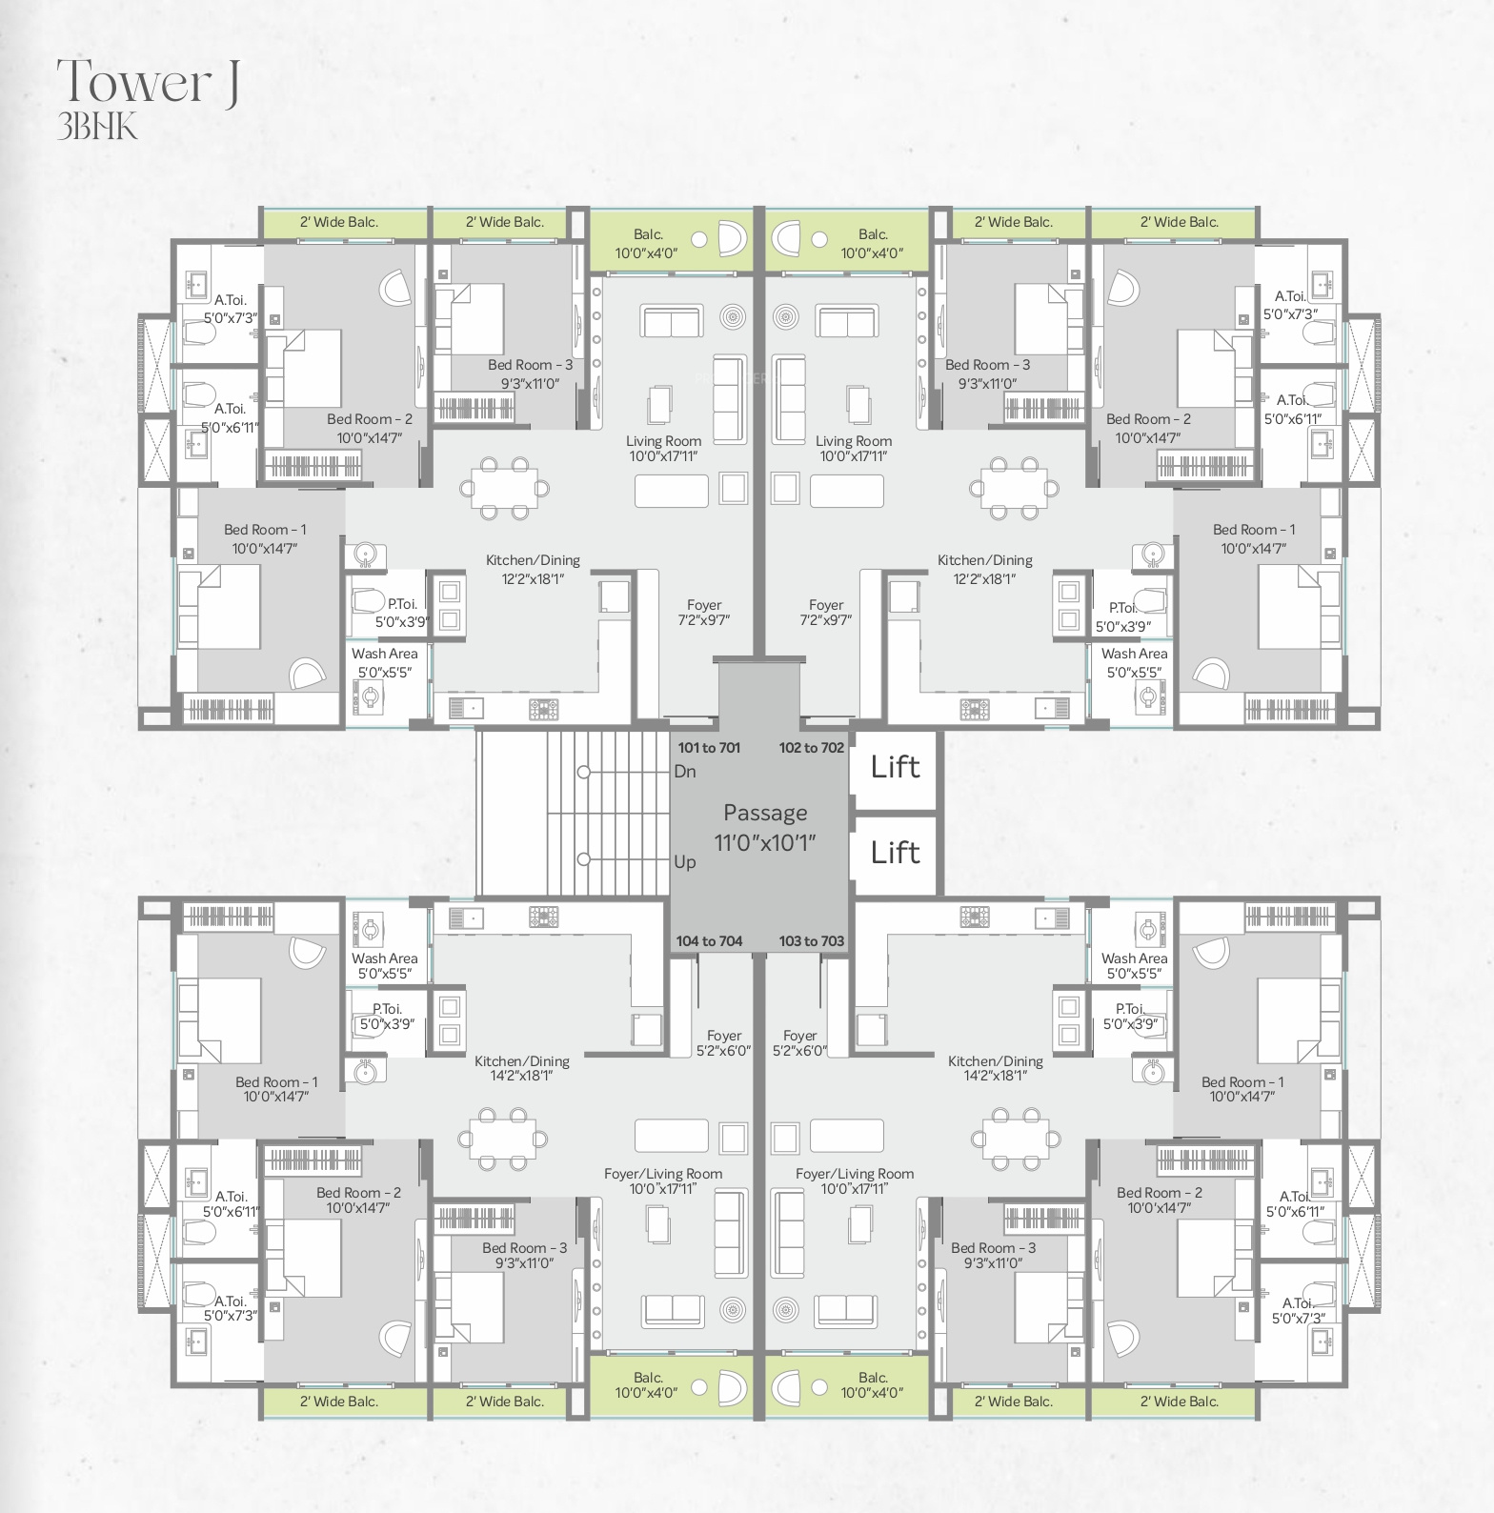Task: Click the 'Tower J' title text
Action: [148, 82]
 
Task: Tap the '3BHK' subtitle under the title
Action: [97, 127]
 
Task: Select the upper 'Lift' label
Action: [895, 767]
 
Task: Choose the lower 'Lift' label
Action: [895, 852]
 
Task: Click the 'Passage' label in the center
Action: [765, 813]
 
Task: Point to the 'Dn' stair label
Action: [685, 771]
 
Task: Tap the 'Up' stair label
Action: [685, 862]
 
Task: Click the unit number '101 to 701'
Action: [709, 748]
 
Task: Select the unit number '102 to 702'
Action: [812, 748]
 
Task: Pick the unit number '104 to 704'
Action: [709, 941]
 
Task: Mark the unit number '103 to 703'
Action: [812, 941]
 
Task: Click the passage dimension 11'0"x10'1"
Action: [765, 843]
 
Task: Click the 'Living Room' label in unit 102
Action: [854, 441]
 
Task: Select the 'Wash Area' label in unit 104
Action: [384, 958]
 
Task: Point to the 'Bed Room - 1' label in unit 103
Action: [1242, 1082]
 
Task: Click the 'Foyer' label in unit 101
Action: [704, 605]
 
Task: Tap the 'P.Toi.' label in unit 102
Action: [1123, 608]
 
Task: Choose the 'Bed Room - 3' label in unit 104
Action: [524, 1248]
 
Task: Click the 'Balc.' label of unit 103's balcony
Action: [873, 1378]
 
